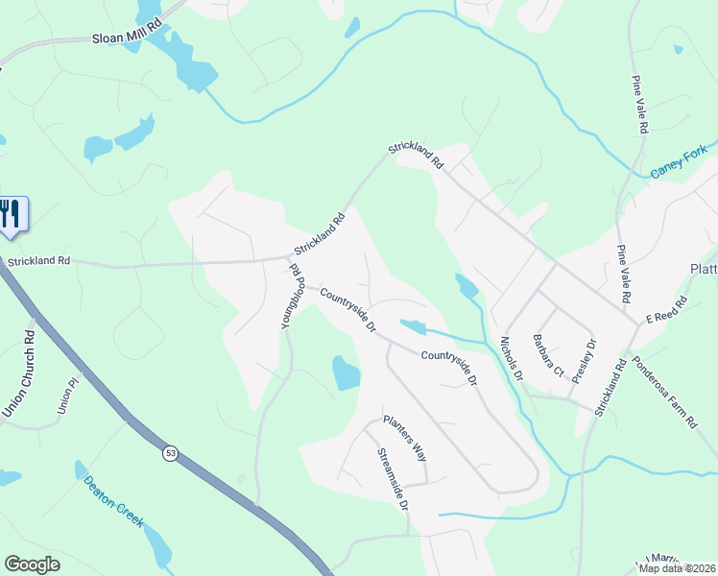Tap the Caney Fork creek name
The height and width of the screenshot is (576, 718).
tap(678, 161)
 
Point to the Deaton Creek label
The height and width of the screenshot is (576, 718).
tap(113, 501)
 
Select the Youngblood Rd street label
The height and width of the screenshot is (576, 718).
tap(291, 298)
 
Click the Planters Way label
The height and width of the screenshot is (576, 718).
tap(404, 437)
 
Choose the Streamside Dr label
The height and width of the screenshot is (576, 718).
tap(393, 477)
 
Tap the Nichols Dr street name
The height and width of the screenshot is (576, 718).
tap(512, 357)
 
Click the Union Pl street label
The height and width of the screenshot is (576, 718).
tap(65, 396)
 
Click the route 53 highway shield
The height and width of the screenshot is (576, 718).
tap(170, 453)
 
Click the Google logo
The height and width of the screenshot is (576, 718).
tap(32, 564)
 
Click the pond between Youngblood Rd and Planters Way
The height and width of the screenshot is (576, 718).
tap(346, 372)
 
